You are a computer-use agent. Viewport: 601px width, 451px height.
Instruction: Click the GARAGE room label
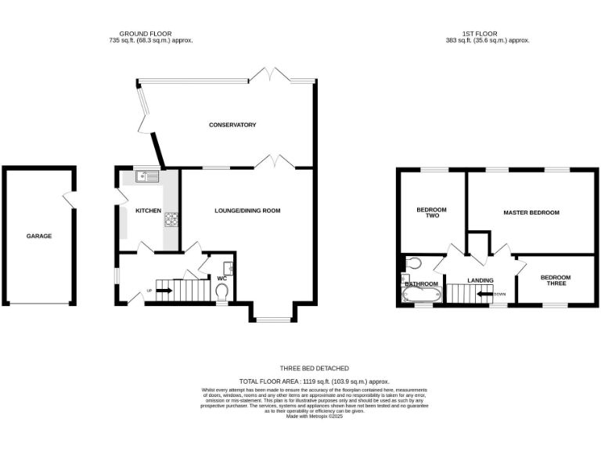pyautogui.click(x=39, y=236)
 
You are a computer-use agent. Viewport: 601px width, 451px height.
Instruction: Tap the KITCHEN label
pyautogui.click(x=149, y=211)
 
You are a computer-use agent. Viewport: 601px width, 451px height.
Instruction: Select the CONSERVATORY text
pyautogui.click(x=232, y=125)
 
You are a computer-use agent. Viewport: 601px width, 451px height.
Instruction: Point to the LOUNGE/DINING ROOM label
pyautogui.click(x=247, y=211)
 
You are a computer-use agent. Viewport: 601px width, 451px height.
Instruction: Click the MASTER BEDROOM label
pyautogui.click(x=531, y=212)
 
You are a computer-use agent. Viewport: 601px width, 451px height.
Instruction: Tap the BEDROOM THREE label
pyautogui.click(x=556, y=280)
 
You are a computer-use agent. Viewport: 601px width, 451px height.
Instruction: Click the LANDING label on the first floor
pyautogui.click(x=480, y=280)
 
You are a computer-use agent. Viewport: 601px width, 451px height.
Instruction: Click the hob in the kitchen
pyautogui.click(x=171, y=220)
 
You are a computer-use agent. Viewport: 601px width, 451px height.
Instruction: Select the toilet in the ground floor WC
pyautogui.click(x=221, y=291)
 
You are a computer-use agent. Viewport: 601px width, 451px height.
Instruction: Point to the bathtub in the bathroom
pyautogui.click(x=419, y=295)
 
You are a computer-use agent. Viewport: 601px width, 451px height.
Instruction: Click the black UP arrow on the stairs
pyautogui.click(x=164, y=291)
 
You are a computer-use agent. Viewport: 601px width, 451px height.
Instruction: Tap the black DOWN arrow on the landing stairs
pyautogui.click(x=484, y=294)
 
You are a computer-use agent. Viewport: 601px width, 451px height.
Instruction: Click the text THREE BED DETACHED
pyautogui.click(x=314, y=368)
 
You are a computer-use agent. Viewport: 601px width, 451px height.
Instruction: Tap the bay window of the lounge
pyautogui.click(x=272, y=319)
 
